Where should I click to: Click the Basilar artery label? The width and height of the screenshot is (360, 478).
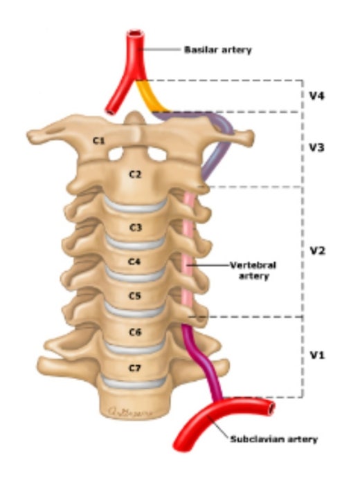(x=218, y=50)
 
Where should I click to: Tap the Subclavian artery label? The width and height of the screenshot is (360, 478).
(x=273, y=439)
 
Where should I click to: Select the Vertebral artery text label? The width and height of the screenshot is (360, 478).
(x=253, y=270)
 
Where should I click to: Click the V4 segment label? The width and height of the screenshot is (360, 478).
(x=317, y=96)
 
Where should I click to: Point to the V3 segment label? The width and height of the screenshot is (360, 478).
(x=317, y=148)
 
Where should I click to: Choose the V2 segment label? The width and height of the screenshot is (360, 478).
(x=317, y=251)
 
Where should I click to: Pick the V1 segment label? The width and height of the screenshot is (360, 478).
(x=317, y=355)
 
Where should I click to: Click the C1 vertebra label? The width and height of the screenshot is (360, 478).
(x=99, y=140)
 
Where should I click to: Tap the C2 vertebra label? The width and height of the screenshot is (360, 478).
(x=136, y=174)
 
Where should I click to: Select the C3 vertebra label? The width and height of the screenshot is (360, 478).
(x=136, y=228)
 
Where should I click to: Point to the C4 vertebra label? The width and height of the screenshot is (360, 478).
(x=134, y=261)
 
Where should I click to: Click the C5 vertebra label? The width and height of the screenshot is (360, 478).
(x=134, y=295)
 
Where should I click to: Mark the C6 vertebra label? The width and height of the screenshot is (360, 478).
(x=135, y=332)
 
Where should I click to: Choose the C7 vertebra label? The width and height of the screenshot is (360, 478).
(x=134, y=368)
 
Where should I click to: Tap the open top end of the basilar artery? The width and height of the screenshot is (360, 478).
(x=136, y=33)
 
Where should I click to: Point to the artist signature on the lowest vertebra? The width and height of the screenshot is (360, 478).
(x=130, y=412)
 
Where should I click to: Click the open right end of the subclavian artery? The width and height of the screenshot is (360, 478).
(x=270, y=408)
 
